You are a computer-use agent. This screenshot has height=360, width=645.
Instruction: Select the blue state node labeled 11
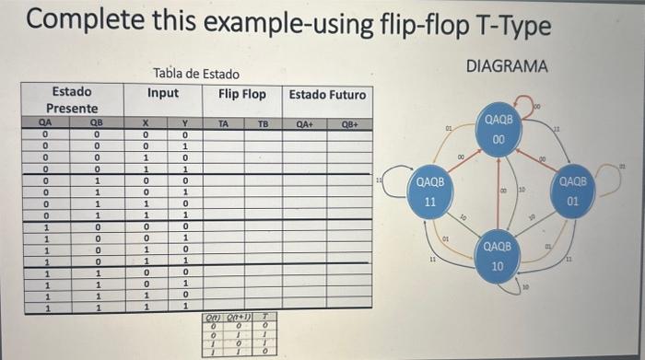[x=430, y=192]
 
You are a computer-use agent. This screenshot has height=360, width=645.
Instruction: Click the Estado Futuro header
[x=327, y=95]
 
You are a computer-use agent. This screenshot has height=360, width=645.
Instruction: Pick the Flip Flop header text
[x=242, y=94]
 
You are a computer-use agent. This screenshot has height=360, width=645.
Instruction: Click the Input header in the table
[x=163, y=93]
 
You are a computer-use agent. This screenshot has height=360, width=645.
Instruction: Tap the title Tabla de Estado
[x=196, y=74]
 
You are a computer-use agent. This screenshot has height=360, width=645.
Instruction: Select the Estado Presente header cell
[x=71, y=100]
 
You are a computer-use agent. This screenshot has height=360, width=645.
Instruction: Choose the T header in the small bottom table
[x=264, y=315]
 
